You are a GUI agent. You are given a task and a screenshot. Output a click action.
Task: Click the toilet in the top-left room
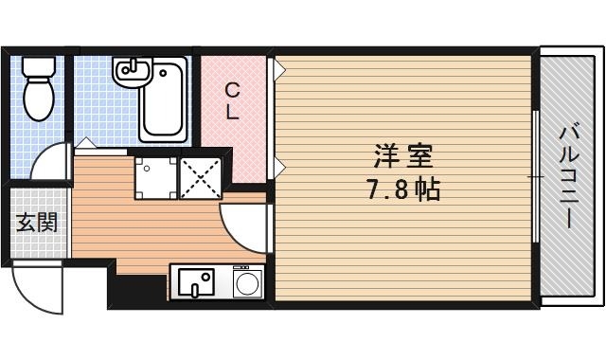39,95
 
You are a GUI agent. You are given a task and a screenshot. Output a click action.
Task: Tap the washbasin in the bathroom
130,70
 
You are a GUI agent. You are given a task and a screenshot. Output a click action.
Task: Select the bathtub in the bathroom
164,99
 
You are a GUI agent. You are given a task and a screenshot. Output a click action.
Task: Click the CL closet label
232,100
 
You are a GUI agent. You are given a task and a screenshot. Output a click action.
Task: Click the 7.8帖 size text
402,189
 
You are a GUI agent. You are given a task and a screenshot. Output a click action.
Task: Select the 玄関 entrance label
36,224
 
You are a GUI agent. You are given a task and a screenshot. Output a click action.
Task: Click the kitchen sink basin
195,281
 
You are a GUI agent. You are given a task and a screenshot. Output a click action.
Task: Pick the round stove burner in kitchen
247,281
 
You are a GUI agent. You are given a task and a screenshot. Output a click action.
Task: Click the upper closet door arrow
279,67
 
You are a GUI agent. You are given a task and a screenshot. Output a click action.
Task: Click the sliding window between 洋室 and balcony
536,176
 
